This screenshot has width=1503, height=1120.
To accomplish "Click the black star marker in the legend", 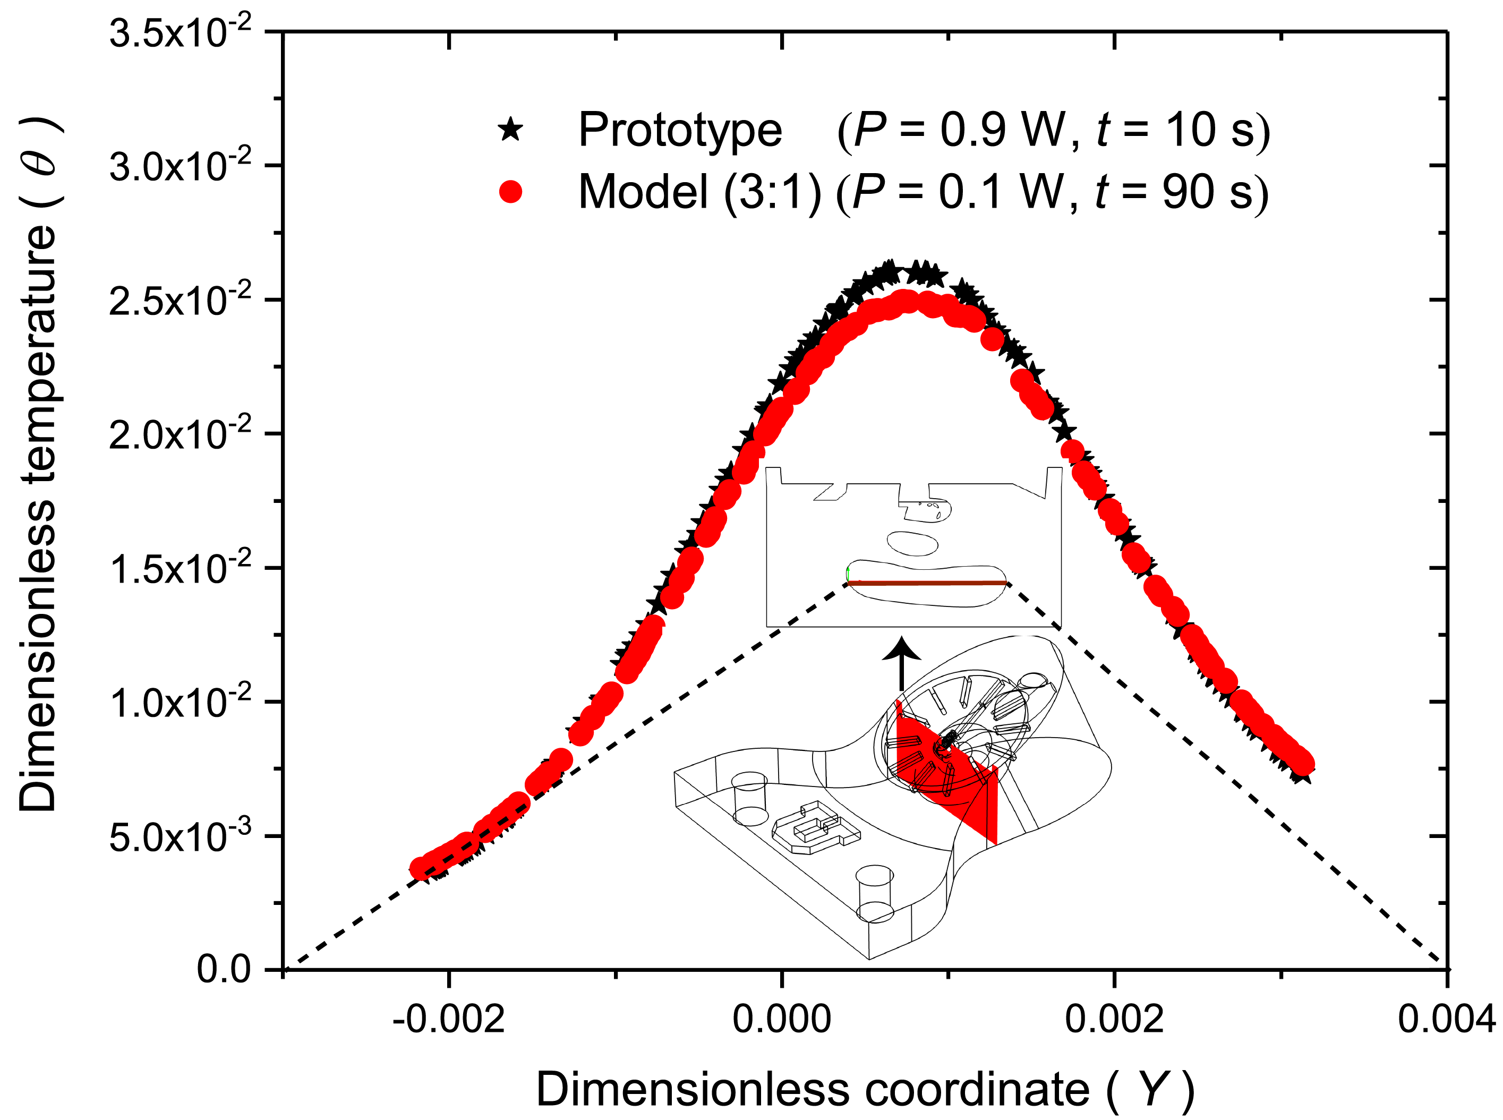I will pyautogui.click(x=510, y=129).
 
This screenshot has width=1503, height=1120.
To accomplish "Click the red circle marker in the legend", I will pyautogui.click(x=510, y=192).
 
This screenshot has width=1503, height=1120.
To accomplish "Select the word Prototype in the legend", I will pyautogui.click(x=679, y=130).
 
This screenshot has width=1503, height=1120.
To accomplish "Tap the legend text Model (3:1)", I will pyautogui.click(x=699, y=193).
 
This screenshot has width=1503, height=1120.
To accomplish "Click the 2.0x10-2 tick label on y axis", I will pyautogui.click(x=180, y=434).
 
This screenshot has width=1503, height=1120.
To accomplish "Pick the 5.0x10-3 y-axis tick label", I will pyautogui.click(x=180, y=836).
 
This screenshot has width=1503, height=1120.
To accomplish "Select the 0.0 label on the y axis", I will pyautogui.click(x=223, y=970).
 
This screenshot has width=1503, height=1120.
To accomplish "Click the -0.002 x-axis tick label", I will pyautogui.click(x=448, y=1019).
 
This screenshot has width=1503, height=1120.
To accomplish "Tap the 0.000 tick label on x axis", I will pyautogui.click(x=782, y=1019).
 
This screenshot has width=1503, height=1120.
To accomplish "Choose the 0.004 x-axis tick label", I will pyautogui.click(x=1446, y=1019).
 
